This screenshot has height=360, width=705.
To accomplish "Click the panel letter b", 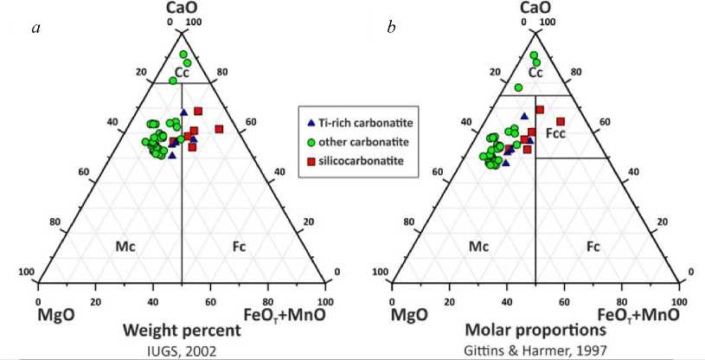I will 392,29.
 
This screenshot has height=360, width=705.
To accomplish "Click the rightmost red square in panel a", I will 219,129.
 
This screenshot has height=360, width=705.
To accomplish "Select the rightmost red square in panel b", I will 561,121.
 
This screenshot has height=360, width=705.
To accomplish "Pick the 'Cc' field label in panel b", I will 535,74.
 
